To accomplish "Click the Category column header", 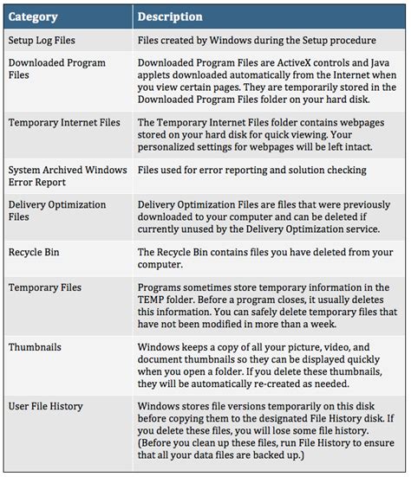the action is tap(34, 16).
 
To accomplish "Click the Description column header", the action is tap(170, 16).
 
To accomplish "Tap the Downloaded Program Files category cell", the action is tap(56, 69).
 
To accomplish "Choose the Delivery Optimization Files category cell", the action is tap(57, 210).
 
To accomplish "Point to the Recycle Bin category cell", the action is tap(36, 252).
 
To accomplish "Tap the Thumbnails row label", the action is tap(35, 346).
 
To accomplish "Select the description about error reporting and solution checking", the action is tap(251, 171).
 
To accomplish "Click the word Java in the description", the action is tap(383, 63).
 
